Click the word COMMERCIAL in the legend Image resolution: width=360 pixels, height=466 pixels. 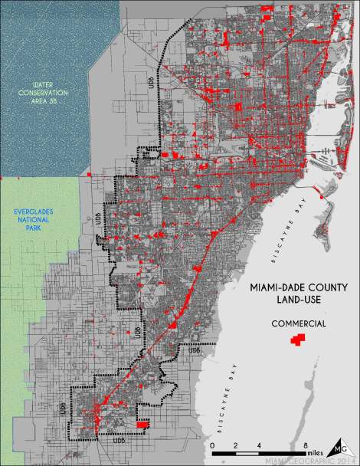point(299,324)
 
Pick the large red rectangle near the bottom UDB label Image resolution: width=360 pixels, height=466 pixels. point(142,423)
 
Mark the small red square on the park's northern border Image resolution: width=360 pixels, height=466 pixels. point(90,176)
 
